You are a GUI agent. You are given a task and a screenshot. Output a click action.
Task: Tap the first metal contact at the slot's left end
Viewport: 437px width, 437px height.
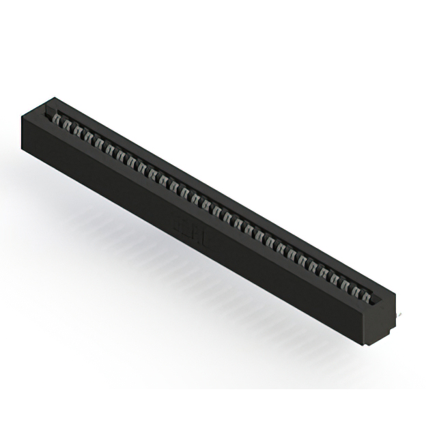pos(58,122)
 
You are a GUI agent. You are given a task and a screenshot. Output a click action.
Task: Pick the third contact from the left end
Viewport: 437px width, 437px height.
pos(79,132)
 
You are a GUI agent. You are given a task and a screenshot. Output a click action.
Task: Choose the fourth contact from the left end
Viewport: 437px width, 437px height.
pos(89,138)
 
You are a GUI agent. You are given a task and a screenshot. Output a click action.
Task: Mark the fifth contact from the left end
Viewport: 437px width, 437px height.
pos(100,143)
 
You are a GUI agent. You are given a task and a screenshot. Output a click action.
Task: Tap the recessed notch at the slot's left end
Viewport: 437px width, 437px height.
pos(48,109)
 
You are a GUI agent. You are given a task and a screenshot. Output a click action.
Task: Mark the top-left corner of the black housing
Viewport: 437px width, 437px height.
pos(23,117)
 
